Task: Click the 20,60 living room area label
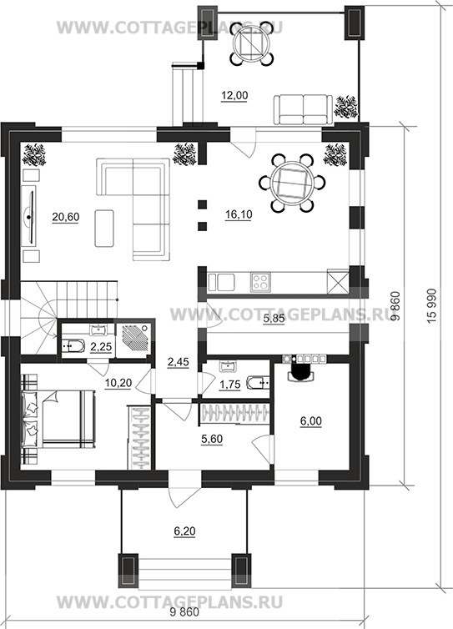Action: pyautogui.click(x=66, y=217)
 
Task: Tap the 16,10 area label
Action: pyautogui.click(x=239, y=214)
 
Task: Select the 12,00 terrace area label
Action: pyautogui.click(x=234, y=95)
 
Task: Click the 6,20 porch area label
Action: pyautogui.click(x=184, y=531)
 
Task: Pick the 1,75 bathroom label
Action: pyautogui.click(x=230, y=385)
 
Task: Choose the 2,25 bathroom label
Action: pyautogui.click(x=101, y=346)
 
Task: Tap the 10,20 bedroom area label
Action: pyautogui.click(x=118, y=383)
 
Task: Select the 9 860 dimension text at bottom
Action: pyautogui.click(x=184, y=612)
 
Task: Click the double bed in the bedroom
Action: pyautogui.click(x=58, y=420)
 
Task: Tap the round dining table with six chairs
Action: pyautogui.click(x=292, y=184)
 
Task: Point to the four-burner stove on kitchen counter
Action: pyautogui.click(x=260, y=282)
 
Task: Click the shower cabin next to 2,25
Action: pyautogui.click(x=133, y=340)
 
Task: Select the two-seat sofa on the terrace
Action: pyautogui.click(x=304, y=109)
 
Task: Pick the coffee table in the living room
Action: pyautogui.click(x=104, y=229)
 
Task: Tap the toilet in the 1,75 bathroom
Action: pyautogui.click(x=257, y=384)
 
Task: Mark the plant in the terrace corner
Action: pyautogui.click(x=346, y=107)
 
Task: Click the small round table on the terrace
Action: pyautogui.click(x=253, y=43)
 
